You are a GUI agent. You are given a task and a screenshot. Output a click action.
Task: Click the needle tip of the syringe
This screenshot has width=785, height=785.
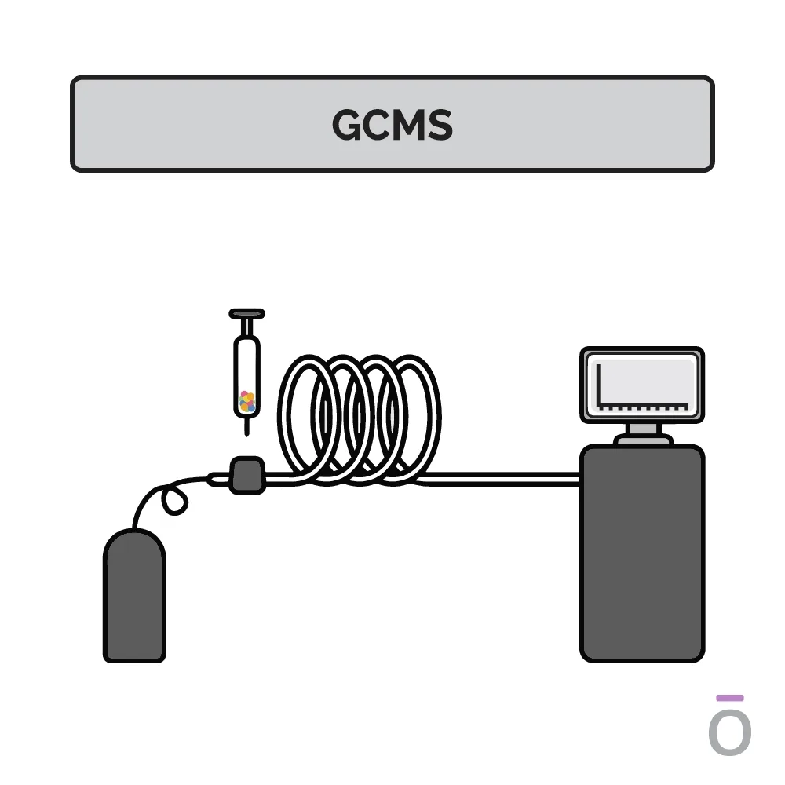pos(246,436)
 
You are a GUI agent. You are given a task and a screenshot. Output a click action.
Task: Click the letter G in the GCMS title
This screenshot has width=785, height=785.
pos(347,125)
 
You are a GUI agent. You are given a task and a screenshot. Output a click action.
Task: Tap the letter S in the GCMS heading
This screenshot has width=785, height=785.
pos(439,125)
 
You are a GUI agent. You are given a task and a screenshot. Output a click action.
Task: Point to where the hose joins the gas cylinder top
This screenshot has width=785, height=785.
pos(134,528)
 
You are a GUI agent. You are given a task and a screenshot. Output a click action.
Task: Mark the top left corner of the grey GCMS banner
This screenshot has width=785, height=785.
pos(71,77)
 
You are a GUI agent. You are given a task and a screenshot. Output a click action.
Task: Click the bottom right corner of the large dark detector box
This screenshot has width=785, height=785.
pos(703,661)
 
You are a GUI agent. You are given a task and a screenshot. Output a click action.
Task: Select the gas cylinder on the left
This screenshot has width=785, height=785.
pos(134,596)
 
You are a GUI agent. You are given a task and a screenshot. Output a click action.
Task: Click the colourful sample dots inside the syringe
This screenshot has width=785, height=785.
pos(247,401)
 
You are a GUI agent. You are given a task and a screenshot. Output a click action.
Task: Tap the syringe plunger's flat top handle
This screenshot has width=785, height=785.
pos(246,314)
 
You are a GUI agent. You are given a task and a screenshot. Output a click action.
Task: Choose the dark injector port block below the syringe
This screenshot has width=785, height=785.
pos(246,475)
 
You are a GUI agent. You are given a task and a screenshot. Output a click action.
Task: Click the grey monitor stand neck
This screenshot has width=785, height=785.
pos(644,429)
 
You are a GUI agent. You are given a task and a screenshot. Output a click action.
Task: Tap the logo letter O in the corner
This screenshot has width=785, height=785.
pos(730,733)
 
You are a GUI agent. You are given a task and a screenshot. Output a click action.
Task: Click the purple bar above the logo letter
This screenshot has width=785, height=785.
pos(730,698)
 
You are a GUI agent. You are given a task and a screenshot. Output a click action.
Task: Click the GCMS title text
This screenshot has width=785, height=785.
pos(392,125)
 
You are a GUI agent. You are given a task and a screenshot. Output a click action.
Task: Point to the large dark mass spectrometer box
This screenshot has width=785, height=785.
pos(642,553)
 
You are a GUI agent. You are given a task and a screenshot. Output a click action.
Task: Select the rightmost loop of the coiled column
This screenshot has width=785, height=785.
pos(409,418)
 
